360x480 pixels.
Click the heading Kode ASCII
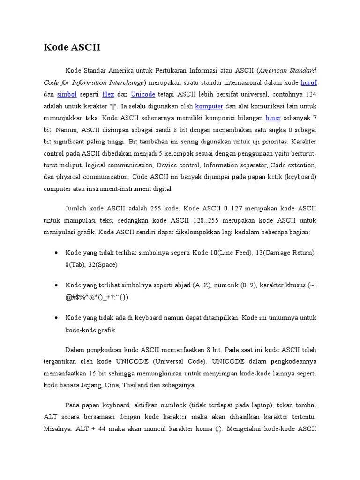click(x=72, y=47)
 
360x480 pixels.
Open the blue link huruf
click(x=308, y=82)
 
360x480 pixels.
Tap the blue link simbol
click(x=67, y=94)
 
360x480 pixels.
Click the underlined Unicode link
click(x=143, y=94)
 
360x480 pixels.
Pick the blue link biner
click(x=273, y=118)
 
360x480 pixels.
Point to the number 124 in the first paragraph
click(x=310, y=94)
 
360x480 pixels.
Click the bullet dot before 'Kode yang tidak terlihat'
click(x=56, y=253)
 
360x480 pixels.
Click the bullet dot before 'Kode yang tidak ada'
click(x=56, y=318)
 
